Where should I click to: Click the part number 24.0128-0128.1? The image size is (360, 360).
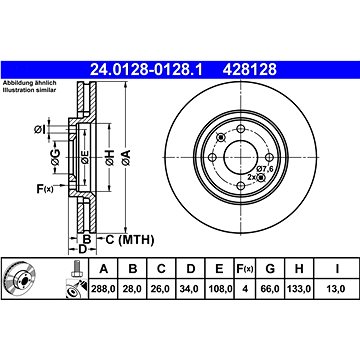(146, 70)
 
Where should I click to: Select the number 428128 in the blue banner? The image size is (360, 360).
(250, 70)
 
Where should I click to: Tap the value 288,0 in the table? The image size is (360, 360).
(103, 289)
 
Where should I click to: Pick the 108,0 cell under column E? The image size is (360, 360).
(219, 289)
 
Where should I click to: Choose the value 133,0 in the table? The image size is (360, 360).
(299, 289)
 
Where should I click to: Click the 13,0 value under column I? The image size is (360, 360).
(336, 289)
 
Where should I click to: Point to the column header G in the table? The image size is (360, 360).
(270, 268)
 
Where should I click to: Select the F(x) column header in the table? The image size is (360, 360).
(245, 268)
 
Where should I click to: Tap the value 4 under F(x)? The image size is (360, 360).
(245, 289)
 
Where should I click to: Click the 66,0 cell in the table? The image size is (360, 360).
(270, 289)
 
